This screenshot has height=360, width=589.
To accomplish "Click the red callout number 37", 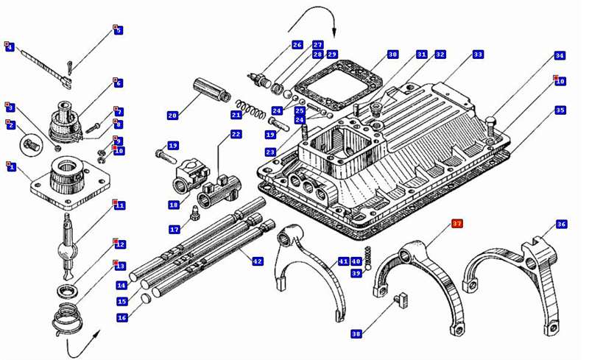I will [x=456, y=224].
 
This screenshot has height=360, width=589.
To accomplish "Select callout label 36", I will [x=561, y=224].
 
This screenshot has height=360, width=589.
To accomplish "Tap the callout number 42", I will [x=257, y=261].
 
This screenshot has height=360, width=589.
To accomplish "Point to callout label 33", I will [x=479, y=54].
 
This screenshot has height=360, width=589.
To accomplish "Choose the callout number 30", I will [x=392, y=54].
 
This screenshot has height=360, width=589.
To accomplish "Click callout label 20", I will [x=172, y=116].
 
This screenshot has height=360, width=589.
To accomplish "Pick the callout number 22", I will [x=236, y=134].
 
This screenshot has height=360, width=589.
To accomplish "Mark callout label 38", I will [x=356, y=333].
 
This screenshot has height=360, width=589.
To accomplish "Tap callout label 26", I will [x=297, y=45].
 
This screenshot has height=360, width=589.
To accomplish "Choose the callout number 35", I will [x=560, y=110].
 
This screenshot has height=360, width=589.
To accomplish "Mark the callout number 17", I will [x=174, y=230].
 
